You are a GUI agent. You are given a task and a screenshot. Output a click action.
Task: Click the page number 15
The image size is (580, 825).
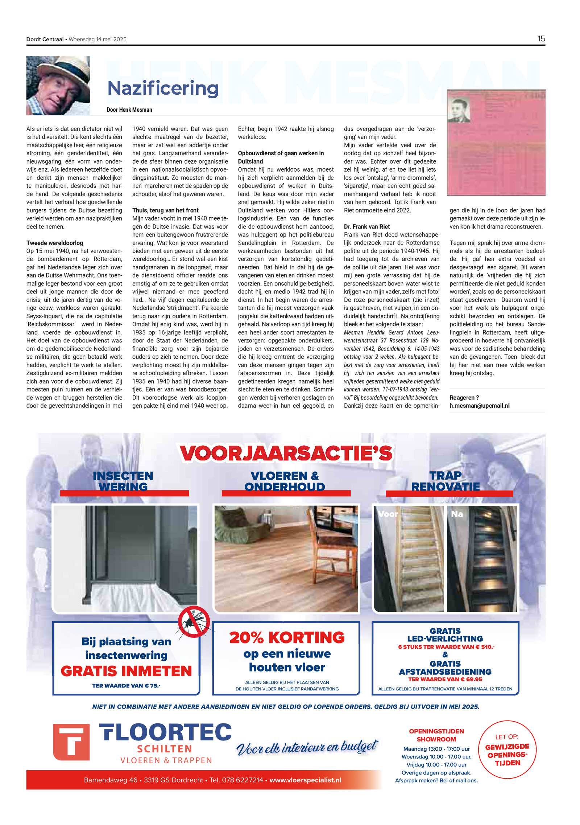coord(541,39)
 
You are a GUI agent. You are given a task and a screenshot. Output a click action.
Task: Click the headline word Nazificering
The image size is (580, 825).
coord(163,89)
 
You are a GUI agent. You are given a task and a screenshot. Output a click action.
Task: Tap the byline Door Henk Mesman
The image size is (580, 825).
coord(129,110)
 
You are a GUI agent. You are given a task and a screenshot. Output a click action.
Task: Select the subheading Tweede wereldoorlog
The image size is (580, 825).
coord(54,243)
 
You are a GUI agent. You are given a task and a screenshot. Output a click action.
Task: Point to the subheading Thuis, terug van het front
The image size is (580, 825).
coord(165,210)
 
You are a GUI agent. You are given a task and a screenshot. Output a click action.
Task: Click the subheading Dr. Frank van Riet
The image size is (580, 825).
coord(366,226)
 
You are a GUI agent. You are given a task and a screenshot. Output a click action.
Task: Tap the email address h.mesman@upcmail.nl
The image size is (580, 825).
coord(479,406)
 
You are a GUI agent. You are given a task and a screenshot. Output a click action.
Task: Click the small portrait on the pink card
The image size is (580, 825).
coord(459,110)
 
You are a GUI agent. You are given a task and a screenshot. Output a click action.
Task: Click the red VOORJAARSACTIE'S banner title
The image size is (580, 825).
coord(286,453)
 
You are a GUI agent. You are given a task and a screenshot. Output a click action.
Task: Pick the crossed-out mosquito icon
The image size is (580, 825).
coord(194,622)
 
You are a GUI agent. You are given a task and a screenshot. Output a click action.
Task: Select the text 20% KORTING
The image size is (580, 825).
coord(287,638)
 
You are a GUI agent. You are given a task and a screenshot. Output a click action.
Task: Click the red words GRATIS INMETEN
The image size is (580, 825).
coord(126,671)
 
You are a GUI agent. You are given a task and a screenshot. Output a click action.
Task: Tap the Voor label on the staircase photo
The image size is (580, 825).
coord(388,514)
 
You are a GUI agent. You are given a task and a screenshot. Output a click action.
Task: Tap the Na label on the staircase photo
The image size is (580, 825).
coord(456,514)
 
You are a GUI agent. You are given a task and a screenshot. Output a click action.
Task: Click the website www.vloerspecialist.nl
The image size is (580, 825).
coord(305,780)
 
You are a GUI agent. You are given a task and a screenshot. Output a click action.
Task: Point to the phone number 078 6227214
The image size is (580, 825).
coord(243,780)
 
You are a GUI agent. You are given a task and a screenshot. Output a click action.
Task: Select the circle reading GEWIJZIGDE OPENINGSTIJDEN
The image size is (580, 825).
coord(507,750)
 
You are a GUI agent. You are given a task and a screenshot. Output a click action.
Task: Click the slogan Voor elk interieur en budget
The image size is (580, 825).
coord(307,747)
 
